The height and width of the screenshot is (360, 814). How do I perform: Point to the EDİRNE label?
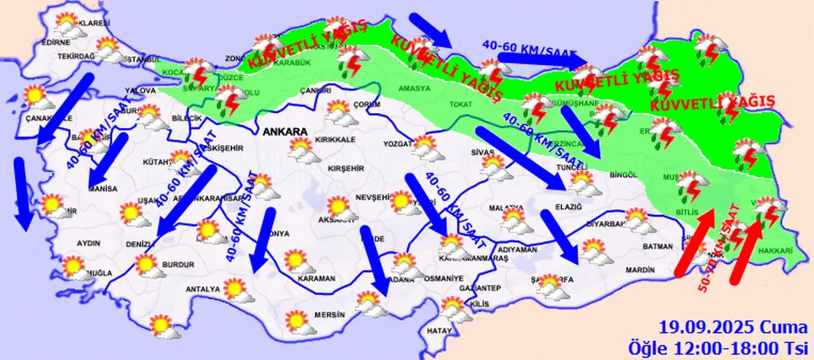(55, 43)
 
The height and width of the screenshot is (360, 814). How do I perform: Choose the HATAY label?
(439, 331)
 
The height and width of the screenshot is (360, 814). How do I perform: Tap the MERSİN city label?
(333, 315)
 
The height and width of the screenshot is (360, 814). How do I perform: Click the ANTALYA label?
(202, 289)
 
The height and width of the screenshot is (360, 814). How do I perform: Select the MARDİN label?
(640, 270)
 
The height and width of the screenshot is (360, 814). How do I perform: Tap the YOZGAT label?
(397, 144)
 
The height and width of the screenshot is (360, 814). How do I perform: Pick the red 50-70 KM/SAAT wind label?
(719, 248)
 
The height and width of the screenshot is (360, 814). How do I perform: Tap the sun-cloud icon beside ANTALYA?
(238, 291)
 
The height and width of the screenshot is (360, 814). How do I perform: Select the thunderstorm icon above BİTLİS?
(689, 184)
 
